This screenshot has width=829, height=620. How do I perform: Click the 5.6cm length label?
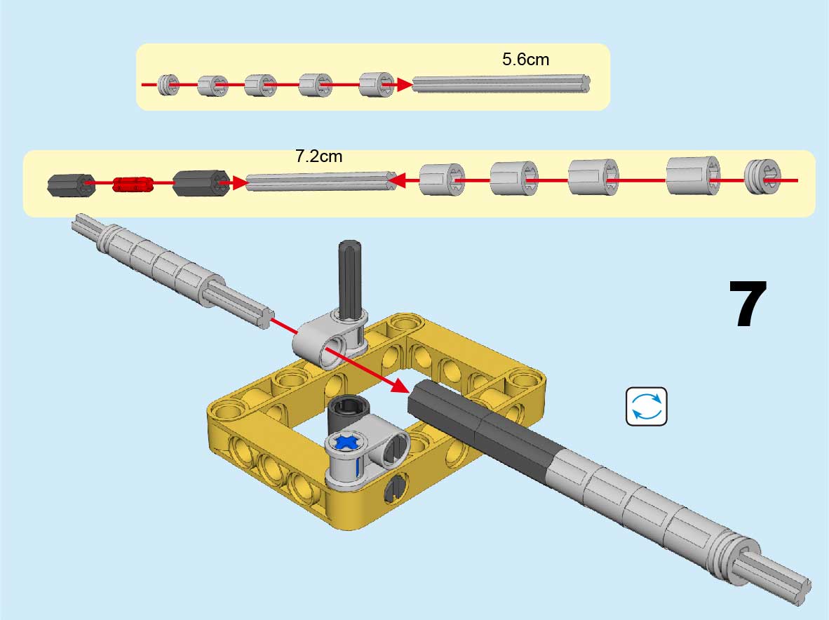point(525,60)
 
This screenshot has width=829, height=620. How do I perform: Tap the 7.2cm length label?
point(319,156)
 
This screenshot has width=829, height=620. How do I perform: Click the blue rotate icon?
point(646,407)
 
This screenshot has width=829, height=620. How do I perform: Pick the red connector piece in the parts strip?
point(133,184)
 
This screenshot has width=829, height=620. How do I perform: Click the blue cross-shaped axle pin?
point(346,443)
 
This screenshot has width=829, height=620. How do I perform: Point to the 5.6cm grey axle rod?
point(501,84)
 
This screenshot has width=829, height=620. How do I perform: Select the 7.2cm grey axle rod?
point(321,182)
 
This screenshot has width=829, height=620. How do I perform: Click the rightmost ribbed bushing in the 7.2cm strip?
point(763,177)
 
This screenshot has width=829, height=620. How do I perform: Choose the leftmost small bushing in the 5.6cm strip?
point(167,86)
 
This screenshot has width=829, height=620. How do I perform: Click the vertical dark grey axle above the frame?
point(350,277)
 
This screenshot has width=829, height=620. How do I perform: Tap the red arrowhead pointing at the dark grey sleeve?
point(400,384)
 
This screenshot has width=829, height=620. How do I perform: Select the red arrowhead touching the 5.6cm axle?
point(403,85)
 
